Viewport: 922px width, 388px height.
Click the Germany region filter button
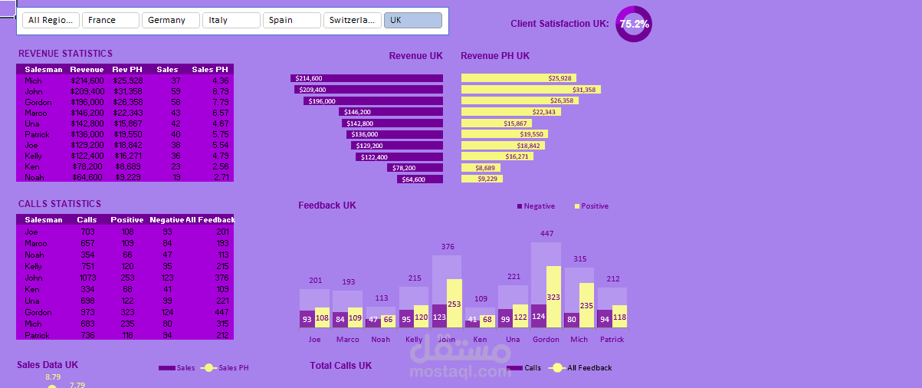tap(170, 20)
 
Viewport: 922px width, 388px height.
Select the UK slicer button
tap(412, 20)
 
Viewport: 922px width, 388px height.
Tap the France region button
tap(110, 20)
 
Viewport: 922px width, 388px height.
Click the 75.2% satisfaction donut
tap(634, 24)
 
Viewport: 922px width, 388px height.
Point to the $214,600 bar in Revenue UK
tap(366, 78)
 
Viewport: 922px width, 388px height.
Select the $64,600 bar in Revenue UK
tap(420, 179)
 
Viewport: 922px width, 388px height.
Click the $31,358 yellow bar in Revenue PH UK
tap(530, 90)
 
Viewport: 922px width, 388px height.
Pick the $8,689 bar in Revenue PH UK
tap(481, 168)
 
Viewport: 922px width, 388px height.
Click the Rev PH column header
tap(127, 70)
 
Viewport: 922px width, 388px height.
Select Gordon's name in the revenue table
tap(38, 102)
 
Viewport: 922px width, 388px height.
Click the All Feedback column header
tap(209, 220)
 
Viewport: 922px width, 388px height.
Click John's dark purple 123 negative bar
tap(440, 316)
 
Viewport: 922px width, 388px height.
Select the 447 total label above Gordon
tap(546, 234)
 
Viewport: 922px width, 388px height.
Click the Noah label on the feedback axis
tap(380, 339)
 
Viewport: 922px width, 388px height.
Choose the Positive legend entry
tap(591, 206)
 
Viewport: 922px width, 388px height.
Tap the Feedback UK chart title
tap(327, 206)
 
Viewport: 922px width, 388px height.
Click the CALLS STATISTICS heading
tap(59, 204)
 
